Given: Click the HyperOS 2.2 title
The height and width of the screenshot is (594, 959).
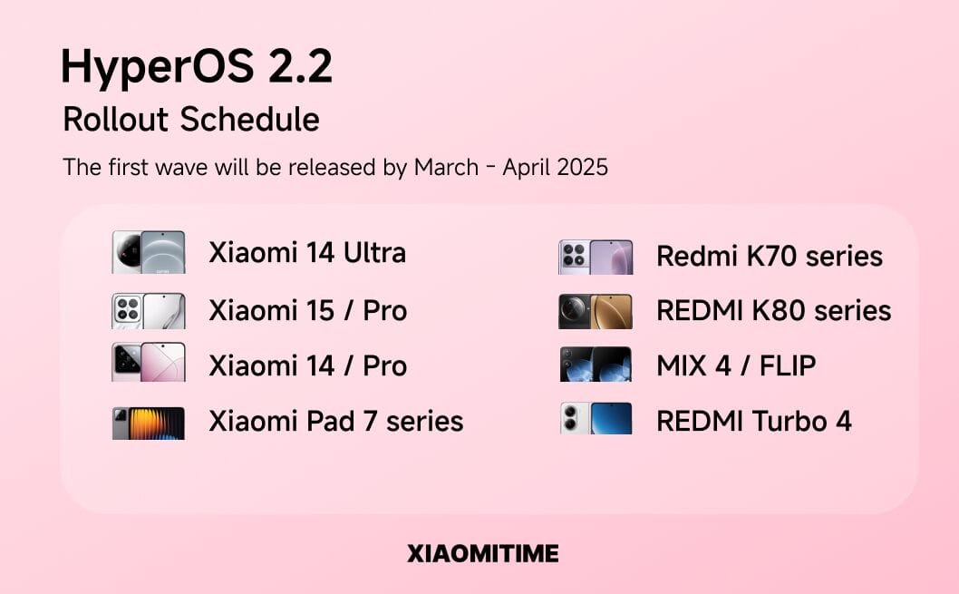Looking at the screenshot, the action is point(197,67).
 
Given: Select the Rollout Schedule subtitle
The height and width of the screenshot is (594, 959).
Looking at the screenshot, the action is point(191,119).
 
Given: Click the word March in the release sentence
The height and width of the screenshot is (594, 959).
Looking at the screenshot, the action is point(447,167).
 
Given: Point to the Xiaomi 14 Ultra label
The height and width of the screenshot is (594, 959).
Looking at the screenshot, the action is point(307,252).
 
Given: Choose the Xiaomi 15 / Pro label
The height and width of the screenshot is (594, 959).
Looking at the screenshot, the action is point(307,310).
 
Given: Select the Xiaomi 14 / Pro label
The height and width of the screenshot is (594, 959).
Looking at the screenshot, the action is point(307,365).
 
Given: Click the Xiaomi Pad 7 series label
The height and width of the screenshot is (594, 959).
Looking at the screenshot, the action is point(335,421).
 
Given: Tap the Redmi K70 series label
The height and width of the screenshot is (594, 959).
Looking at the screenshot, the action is point(770,256).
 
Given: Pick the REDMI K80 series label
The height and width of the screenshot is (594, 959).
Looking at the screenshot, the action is point(774,310).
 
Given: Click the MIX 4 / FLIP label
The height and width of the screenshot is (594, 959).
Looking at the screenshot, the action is point(736,365).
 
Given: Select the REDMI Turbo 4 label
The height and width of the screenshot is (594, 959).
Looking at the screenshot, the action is point(753,421).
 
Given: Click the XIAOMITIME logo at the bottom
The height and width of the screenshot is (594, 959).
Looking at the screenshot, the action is point(483,553).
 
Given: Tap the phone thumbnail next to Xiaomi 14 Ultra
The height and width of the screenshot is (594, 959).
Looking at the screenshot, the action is point(149,252).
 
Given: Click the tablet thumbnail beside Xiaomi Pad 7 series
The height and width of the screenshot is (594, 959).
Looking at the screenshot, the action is point(149,424).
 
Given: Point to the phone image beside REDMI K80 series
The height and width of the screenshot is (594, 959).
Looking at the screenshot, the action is point(596,311).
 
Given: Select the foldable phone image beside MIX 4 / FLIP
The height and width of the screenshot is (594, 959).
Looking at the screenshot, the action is point(596,365).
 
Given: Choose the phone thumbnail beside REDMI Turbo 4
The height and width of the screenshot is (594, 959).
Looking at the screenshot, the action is point(596,418).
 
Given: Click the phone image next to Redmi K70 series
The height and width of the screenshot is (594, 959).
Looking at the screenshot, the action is point(596,257).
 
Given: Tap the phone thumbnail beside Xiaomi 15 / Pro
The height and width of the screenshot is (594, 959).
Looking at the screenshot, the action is point(149,311).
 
